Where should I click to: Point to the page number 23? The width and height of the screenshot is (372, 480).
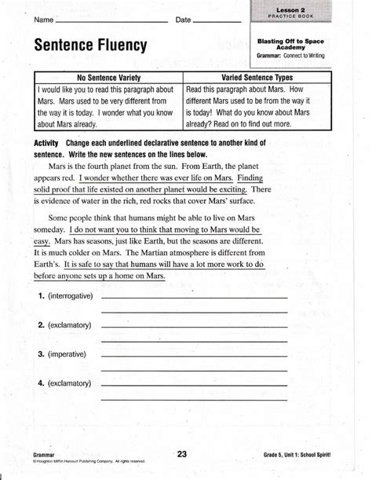pos(182,453)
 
